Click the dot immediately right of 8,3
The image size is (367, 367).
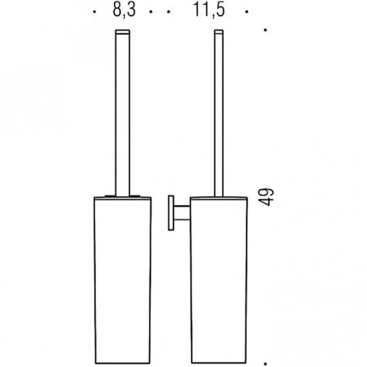(x=151, y=12)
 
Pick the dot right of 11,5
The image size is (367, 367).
(x=246, y=12)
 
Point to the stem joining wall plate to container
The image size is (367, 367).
(x=182, y=214)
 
